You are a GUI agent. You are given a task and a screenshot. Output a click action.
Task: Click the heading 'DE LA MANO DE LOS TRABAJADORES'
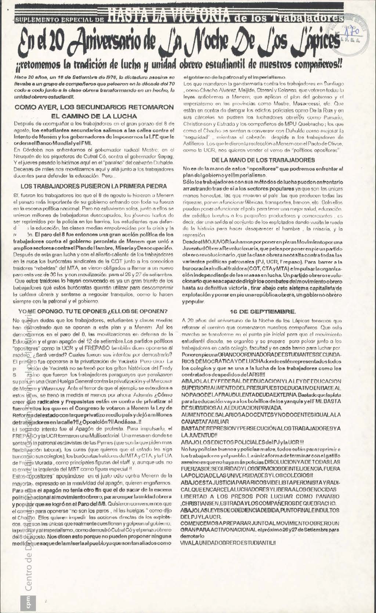[x=263, y=160]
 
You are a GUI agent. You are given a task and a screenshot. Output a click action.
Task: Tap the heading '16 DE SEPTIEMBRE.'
[x=263, y=311]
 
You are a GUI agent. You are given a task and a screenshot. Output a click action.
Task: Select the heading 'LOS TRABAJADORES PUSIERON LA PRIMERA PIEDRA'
[x=94, y=186]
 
